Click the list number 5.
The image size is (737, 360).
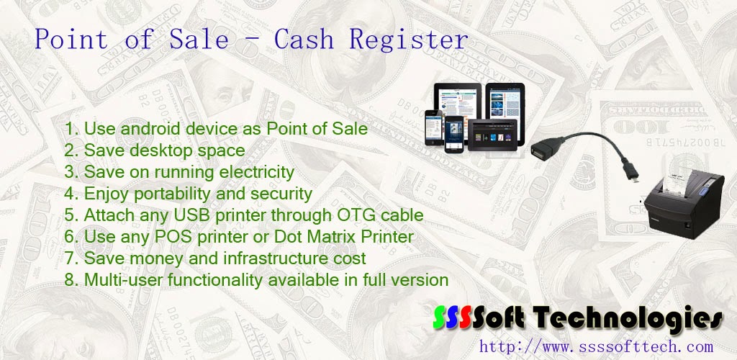(70, 215)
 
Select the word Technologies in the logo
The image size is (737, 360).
(633, 318)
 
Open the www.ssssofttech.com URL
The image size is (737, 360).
(596, 346)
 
